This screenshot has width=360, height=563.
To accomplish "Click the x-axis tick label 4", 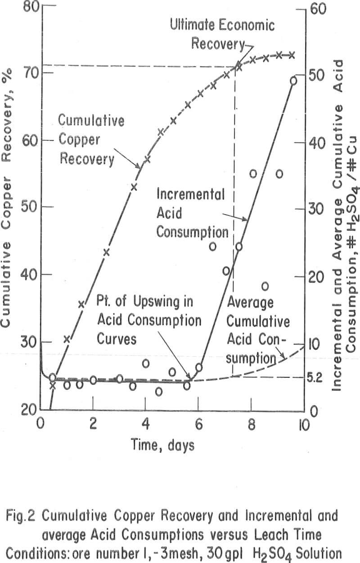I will tap(145, 424).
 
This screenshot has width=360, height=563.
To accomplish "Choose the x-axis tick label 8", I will tap(250, 424).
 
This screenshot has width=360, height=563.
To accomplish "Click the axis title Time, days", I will tap(163, 445).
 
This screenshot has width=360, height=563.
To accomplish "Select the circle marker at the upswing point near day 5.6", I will tap(187, 385).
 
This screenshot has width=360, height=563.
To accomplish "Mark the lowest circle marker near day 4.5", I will tap(159, 391).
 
